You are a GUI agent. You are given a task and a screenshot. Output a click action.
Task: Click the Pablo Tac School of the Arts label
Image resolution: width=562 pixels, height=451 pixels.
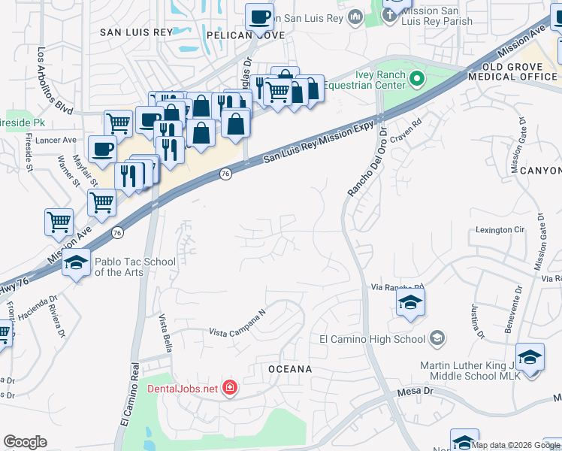click(135, 267)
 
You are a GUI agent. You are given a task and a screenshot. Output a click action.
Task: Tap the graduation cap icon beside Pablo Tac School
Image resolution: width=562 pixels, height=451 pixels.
click(76, 263)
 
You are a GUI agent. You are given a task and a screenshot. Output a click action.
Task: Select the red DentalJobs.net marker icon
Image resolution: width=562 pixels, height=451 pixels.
click(229, 388)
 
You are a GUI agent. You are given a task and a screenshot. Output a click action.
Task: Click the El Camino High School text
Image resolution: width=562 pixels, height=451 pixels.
click(372, 339)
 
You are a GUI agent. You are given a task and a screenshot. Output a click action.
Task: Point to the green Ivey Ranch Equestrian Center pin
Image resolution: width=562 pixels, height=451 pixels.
click(418, 79)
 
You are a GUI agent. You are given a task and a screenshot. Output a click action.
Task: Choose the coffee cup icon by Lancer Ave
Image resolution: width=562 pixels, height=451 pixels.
click(102, 148)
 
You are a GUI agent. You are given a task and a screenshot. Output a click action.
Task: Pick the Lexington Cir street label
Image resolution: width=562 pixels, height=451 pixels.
click(500, 229)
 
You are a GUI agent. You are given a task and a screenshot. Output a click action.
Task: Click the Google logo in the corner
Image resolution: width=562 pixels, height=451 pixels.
click(25, 442)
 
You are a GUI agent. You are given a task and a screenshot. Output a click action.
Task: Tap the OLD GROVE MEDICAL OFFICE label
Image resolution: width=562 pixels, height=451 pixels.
click(512, 71)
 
